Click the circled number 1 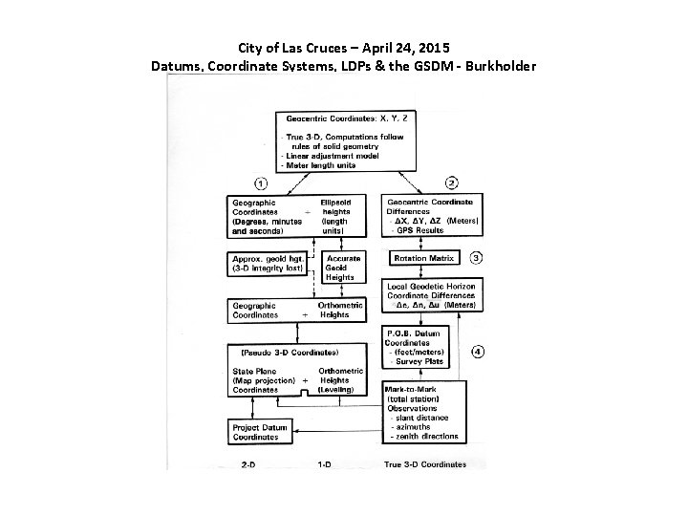(x=260, y=183)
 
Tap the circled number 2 (x=452, y=183)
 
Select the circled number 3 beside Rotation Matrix (x=476, y=257)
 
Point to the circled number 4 (x=477, y=351)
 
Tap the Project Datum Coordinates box (x=261, y=431)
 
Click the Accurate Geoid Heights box (x=343, y=268)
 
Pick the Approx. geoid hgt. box (x=269, y=263)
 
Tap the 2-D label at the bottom (x=249, y=464)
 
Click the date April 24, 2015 (x=407, y=47)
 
